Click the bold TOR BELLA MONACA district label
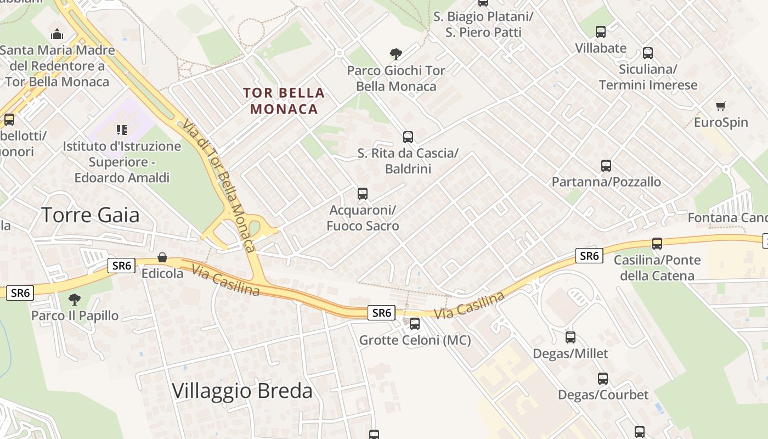click(x=284, y=101)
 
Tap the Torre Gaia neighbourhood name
click(x=91, y=215)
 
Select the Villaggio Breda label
click(x=242, y=391)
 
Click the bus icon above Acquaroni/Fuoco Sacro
click(x=363, y=193)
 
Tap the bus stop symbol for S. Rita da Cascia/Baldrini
click(x=408, y=137)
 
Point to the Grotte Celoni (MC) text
click(x=415, y=340)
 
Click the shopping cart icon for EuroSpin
click(x=721, y=106)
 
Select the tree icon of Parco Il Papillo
click(x=74, y=300)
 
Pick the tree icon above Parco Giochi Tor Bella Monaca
click(x=396, y=54)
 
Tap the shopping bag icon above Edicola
click(x=162, y=257)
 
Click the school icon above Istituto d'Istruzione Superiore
click(x=121, y=130)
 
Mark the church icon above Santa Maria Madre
click(x=57, y=35)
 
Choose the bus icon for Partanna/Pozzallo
click(x=606, y=166)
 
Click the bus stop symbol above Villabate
click(x=601, y=32)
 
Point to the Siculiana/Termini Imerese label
click(x=648, y=77)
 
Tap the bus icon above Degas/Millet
click(x=571, y=337)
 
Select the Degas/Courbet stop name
click(x=603, y=395)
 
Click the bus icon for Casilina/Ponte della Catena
click(x=657, y=244)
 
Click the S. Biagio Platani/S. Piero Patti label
click(x=483, y=25)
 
